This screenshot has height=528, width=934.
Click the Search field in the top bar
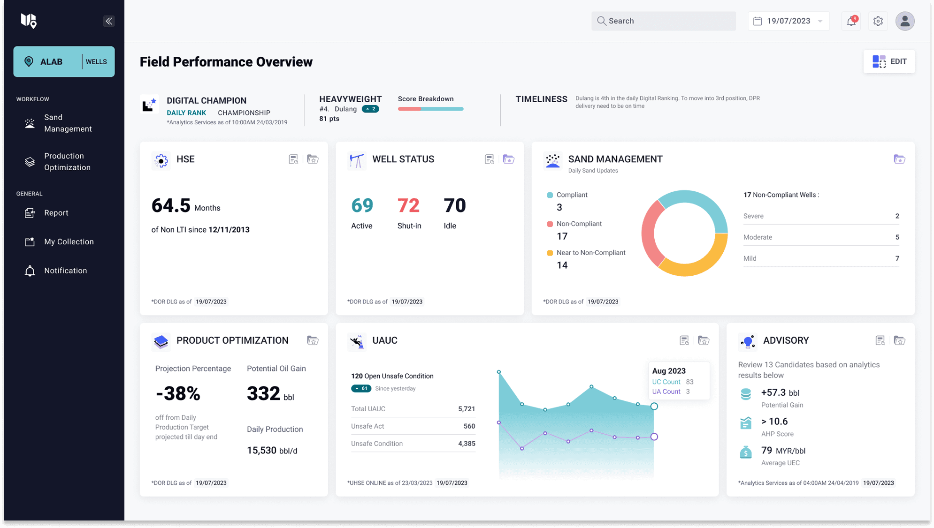[x=663, y=21]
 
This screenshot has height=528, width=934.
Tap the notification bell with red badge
[x=851, y=21]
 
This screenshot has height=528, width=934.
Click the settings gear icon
[x=878, y=21]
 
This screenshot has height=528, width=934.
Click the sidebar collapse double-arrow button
[x=109, y=21]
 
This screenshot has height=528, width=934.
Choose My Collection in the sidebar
[x=69, y=242]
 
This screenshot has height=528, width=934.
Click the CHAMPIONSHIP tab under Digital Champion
[x=244, y=113]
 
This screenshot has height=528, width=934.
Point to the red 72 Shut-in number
[x=408, y=205]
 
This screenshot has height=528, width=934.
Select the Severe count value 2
[x=897, y=216]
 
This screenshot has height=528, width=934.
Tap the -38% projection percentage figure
[x=178, y=394]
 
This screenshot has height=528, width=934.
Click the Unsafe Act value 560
[x=469, y=426]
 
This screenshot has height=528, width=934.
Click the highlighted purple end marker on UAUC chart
[x=654, y=437]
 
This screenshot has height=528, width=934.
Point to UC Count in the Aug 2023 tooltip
[x=666, y=382]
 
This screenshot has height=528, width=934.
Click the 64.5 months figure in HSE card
[x=171, y=206]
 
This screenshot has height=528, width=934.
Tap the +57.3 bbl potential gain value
[x=780, y=393]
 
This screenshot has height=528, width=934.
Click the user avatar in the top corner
[x=904, y=21]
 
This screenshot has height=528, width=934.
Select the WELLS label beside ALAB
[x=96, y=62]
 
